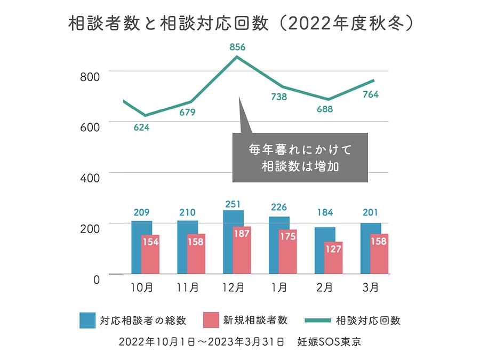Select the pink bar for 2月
(333, 258)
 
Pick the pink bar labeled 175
(287, 252)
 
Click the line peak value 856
(237, 47)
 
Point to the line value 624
(141, 127)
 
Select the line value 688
(324, 110)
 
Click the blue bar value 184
(325, 213)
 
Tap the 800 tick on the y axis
(90, 76)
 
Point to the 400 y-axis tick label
(90, 178)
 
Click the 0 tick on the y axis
(97, 279)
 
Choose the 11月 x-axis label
(188, 288)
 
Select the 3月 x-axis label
(371, 288)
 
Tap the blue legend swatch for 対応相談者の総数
(87, 321)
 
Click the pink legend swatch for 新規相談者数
(211, 321)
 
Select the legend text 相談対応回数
(368, 321)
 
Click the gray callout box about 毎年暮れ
(300, 157)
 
